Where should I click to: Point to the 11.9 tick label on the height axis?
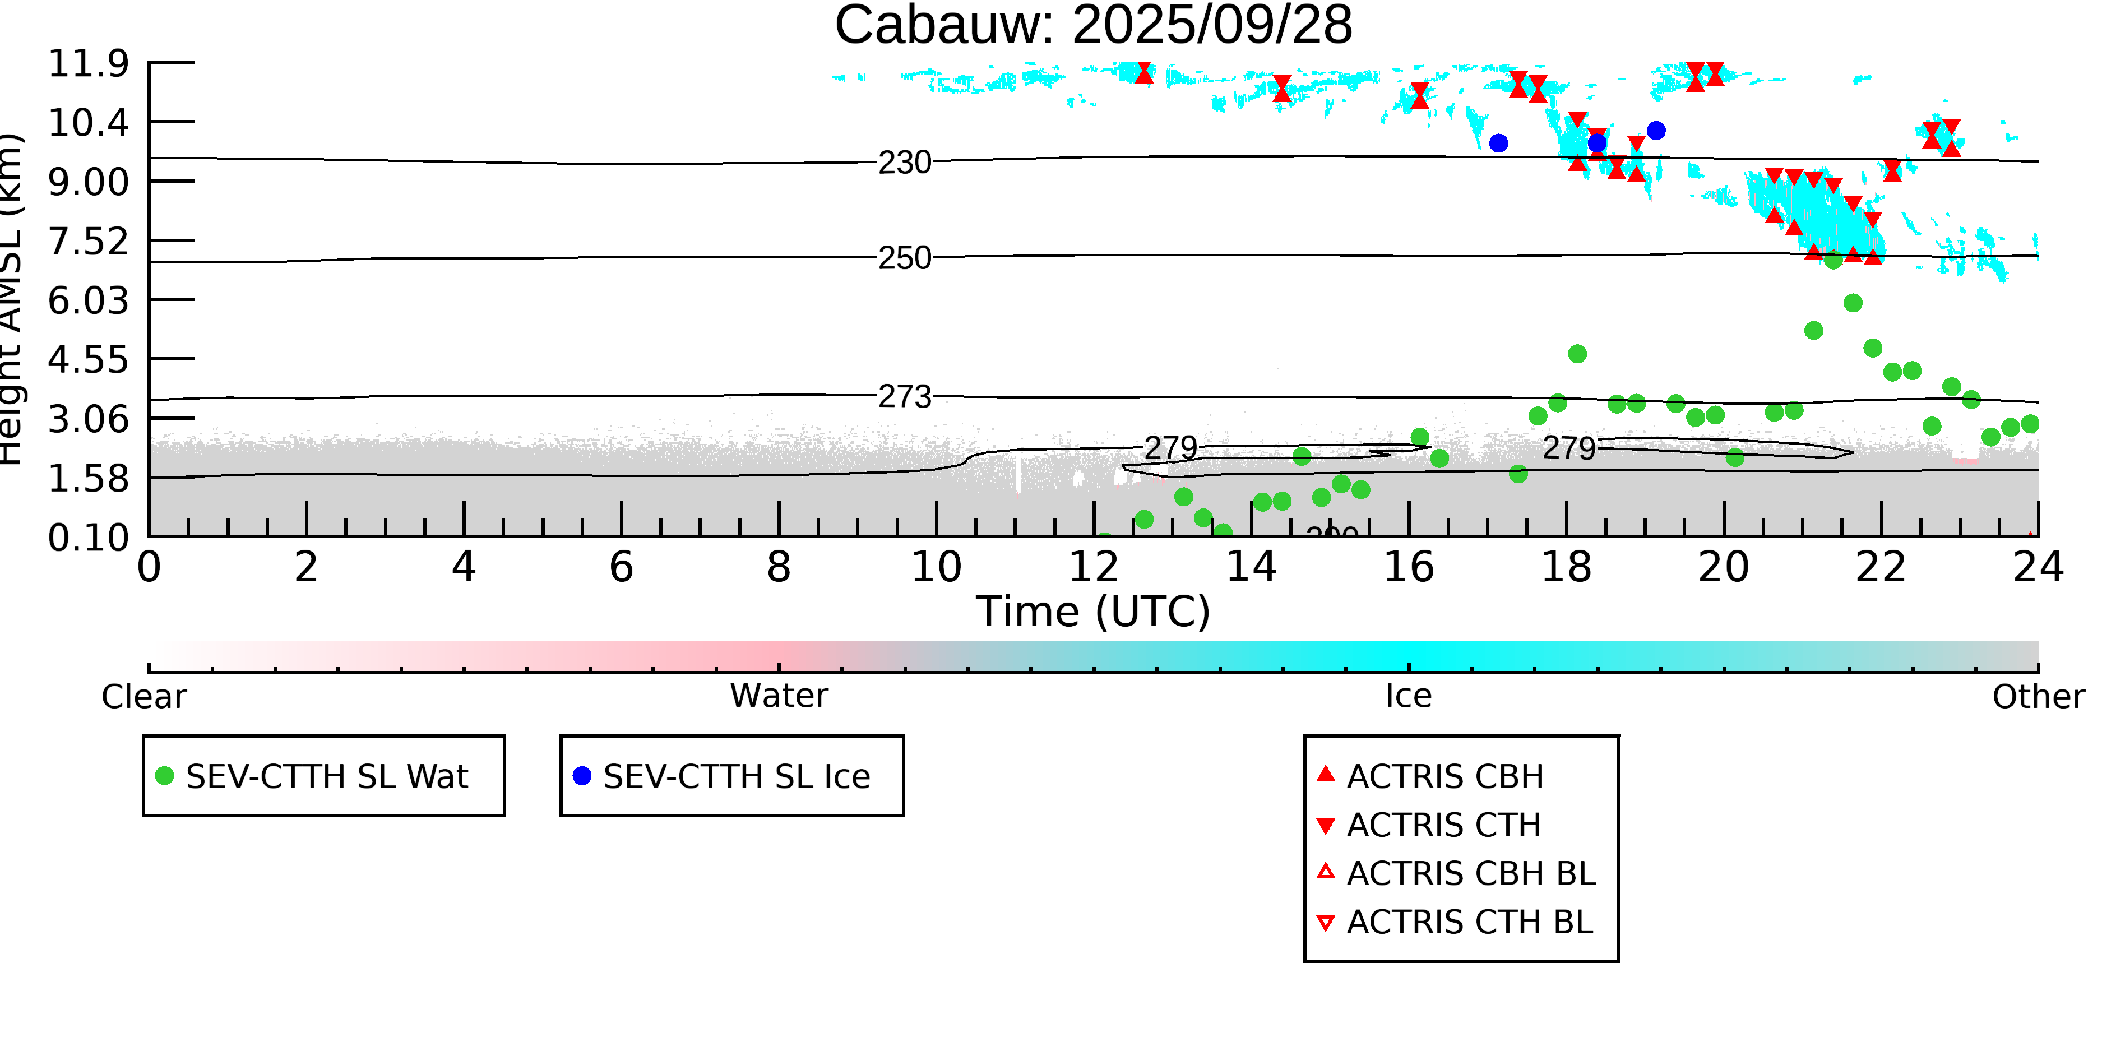click(88, 64)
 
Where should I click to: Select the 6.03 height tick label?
click(88, 301)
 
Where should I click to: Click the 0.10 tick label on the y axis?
click(88, 538)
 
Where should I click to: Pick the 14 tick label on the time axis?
click(1251, 567)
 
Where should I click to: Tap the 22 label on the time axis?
click(1881, 567)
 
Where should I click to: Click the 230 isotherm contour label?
click(904, 163)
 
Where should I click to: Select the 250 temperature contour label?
click(904, 258)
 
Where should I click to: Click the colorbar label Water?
click(779, 696)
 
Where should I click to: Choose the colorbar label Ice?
click(1409, 696)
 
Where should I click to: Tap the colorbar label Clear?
click(143, 697)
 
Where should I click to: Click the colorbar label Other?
click(2038, 697)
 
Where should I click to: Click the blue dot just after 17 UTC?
click(1498, 143)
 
